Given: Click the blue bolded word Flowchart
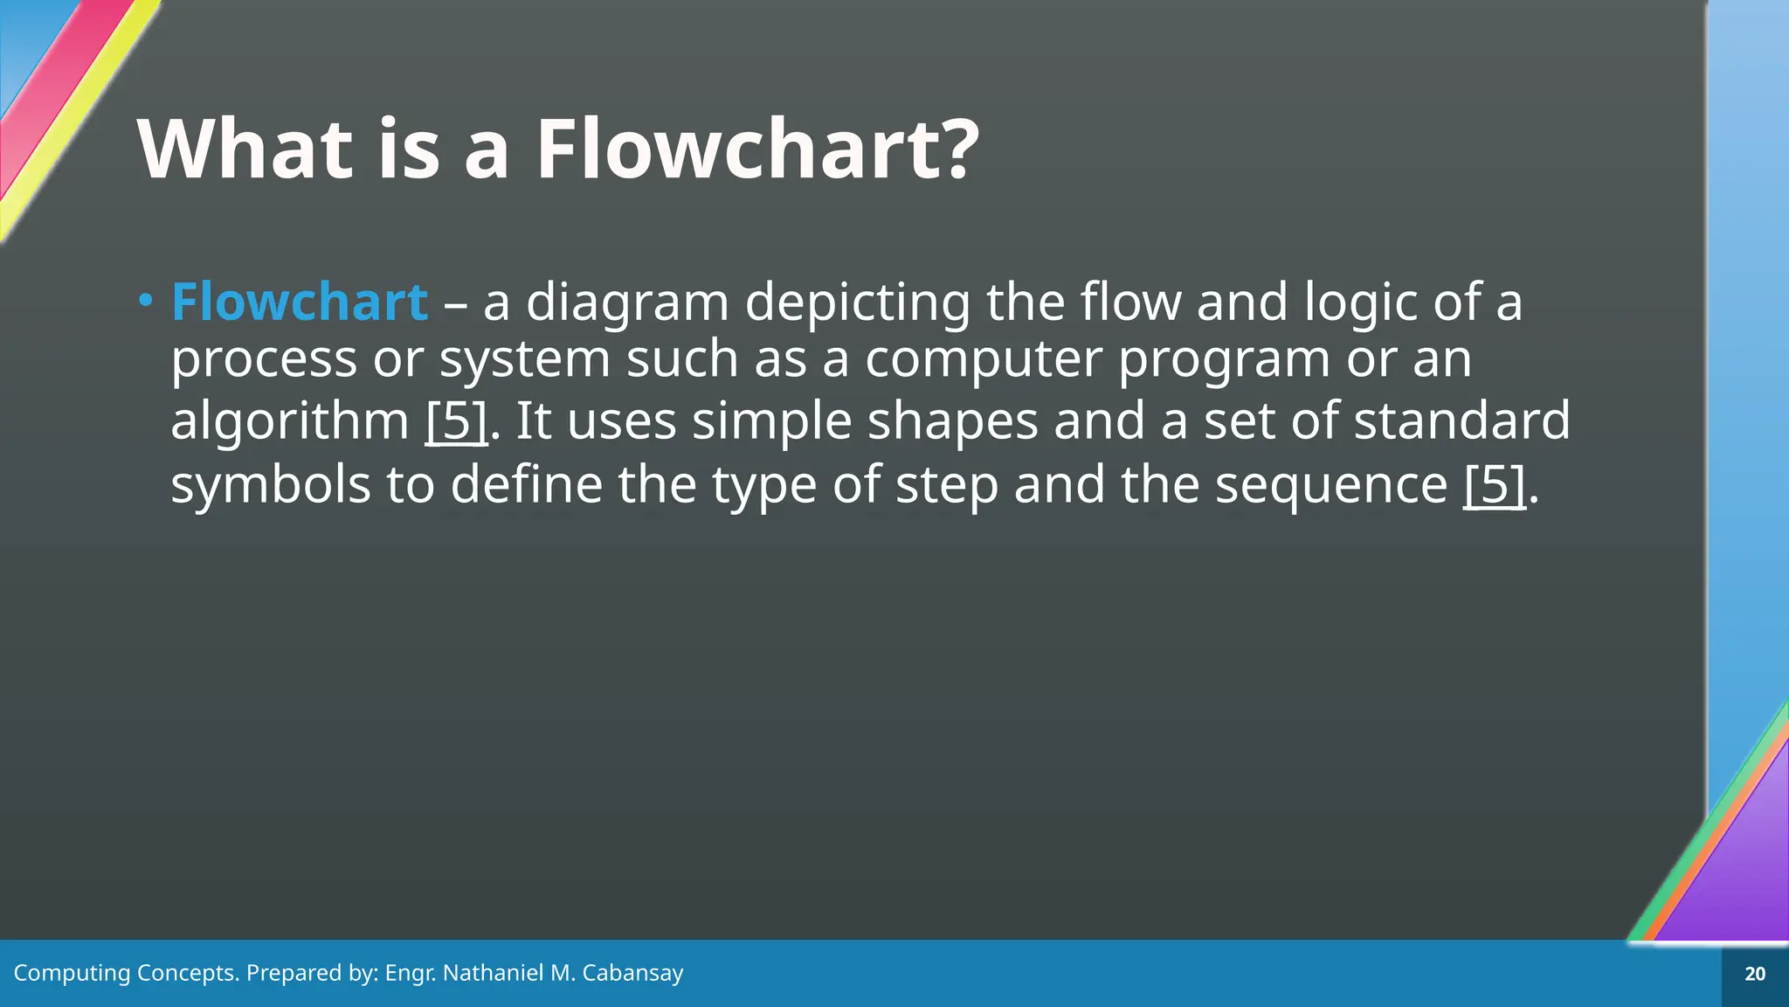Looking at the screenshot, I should (300, 302).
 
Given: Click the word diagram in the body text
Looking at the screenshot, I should (627, 303).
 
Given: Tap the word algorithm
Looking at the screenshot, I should (289, 421).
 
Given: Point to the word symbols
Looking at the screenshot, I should (271, 484).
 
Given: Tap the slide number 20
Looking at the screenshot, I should (1755, 974).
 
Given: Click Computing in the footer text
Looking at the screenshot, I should (72, 973).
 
